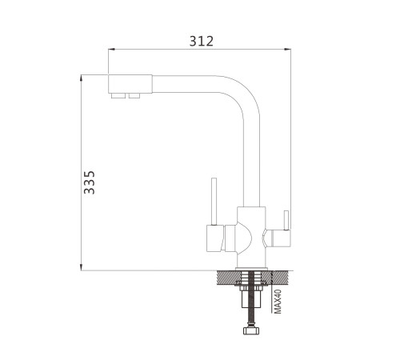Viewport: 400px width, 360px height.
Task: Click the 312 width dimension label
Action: [x=202, y=42]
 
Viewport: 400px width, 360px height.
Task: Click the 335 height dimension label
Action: [x=90, y=182]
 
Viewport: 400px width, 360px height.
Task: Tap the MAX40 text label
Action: [x=278, y=302]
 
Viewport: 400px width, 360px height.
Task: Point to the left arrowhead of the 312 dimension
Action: [x=111, y=49]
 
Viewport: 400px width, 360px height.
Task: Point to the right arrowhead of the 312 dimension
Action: [x=288, y=49]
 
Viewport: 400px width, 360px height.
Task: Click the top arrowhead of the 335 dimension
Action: [x=81, y=78]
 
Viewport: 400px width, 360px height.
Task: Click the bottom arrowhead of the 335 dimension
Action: [x=81, y=267]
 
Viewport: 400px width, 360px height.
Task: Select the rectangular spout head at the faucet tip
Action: [x=130, y=84]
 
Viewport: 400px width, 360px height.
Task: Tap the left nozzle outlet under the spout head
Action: [x=118, y=95]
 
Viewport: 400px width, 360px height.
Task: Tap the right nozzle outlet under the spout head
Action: [x=134, y=95]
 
